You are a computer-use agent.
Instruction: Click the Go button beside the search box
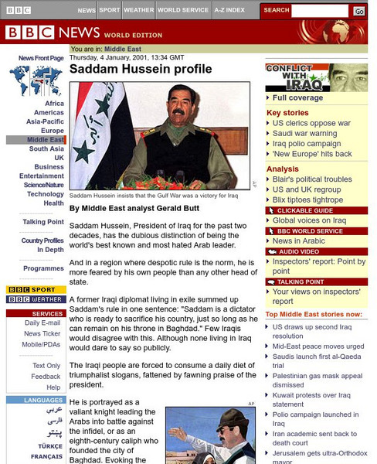point(358,11)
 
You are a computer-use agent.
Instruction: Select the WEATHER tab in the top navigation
point(138,11)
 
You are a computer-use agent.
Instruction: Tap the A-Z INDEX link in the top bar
point(229,11)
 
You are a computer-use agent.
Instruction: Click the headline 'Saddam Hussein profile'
point(140,70)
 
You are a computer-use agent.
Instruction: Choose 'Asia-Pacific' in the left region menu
point(46,121)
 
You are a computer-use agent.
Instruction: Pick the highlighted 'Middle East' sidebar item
point(46,140)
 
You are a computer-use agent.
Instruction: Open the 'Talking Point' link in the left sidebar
point(43,222)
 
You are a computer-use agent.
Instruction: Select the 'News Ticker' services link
point(42,333)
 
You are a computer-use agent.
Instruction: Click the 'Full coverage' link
point(297,98)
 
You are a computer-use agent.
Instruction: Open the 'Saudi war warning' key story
point(304,133)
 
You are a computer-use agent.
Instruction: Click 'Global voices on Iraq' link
point(310,220)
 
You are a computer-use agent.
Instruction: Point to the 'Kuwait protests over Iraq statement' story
point(309,399)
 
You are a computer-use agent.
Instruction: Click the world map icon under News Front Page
point(36,80)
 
